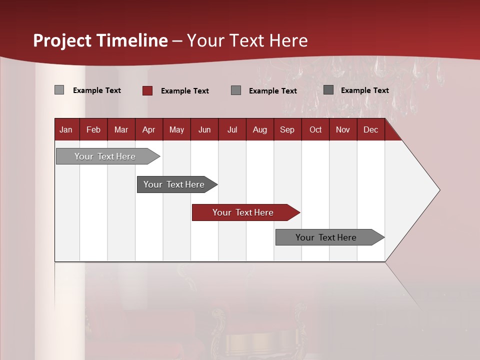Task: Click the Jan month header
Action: pos(66,129)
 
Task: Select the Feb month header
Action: pos(93,129)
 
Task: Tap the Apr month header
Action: pos(148,129)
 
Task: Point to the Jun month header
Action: pos(204,129)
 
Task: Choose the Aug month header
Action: pos(259,129)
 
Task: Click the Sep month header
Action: pos(287,129)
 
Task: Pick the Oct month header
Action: pos(315,129)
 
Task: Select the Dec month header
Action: pos(370,129)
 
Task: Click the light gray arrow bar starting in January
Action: pos(105,156)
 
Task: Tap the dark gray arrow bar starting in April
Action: pos(174,184)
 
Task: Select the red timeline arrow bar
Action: pos(243,212)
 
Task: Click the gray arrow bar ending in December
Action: pos(326,237)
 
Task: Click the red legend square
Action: pos(147,90)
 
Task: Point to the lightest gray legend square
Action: pos(59,90)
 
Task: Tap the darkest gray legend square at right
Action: pos(328,90)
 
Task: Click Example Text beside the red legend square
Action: pos(184,91)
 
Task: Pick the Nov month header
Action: pos(343,129)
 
